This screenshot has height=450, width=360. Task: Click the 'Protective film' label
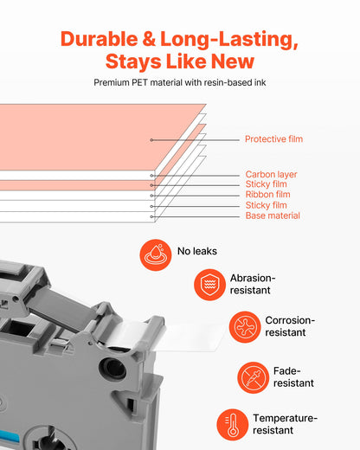coord(273,139)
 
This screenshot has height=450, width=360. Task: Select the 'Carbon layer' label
coord(271,175)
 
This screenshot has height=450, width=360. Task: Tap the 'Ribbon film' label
coord(267,194)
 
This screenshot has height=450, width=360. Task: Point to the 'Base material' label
coord(273,215)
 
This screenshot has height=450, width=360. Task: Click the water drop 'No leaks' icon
coord(156,255)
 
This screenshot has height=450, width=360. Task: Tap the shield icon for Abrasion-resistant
coord(209,285)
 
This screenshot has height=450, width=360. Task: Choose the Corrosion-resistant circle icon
coord(245,327)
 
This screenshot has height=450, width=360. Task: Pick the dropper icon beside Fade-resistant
coord(253,377)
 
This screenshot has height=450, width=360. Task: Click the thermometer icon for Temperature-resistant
coord(233,425)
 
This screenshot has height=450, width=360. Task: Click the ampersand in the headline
coord(149,39)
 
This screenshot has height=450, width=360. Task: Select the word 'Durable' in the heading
coord(100,39)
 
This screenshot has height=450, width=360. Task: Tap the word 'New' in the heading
coord(233,61)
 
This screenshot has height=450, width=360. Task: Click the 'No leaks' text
coord(197,251)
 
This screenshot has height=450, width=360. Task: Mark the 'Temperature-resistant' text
coord(285,424)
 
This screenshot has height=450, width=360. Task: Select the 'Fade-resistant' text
coord(293,377)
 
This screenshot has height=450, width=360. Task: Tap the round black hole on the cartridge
coord(112,370)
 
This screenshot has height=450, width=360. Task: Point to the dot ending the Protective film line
coord(151,140)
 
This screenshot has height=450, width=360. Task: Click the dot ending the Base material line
coord(151,216)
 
